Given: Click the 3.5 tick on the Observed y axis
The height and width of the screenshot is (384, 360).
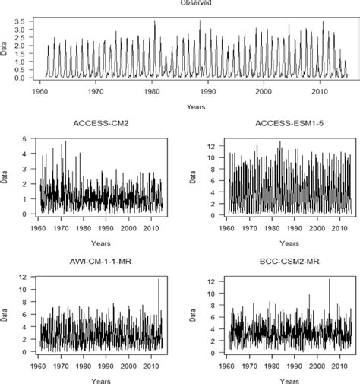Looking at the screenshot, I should pos(27,21).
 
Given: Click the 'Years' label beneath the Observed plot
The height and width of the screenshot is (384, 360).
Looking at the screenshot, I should pos(196,107).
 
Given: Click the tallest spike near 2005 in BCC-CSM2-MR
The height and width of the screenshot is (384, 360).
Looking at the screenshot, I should pos(330,280).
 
